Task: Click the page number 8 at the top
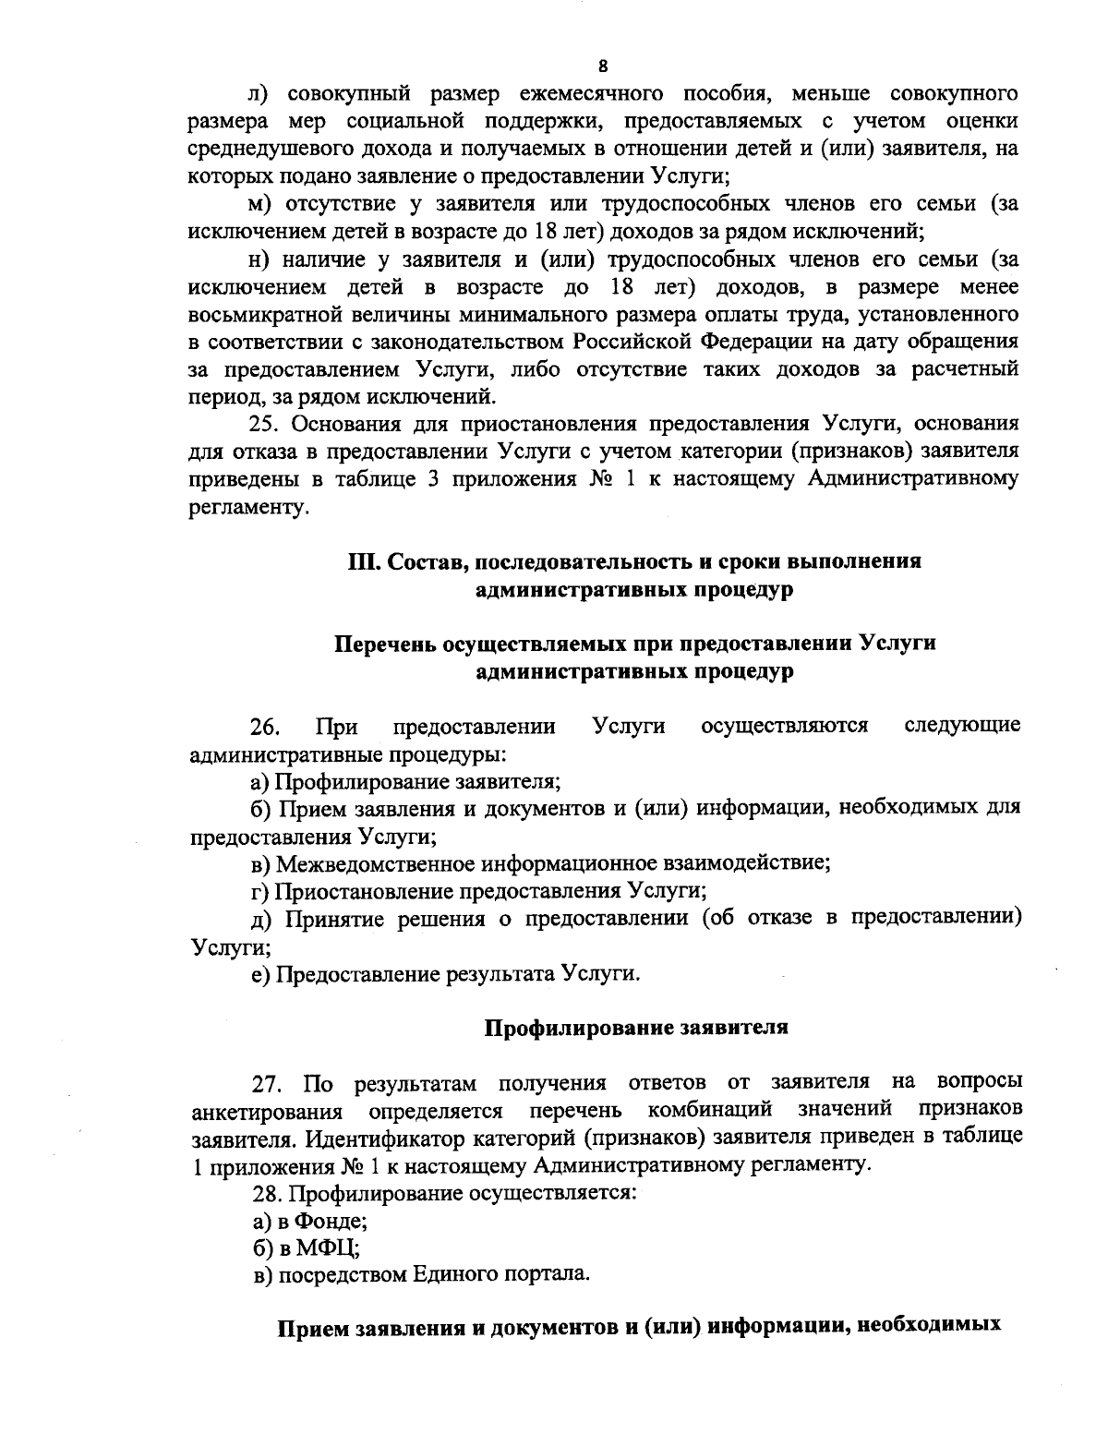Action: pyautogui.click(x=602, y=65)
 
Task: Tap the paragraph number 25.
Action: pyautogui.click(x=266, y=424)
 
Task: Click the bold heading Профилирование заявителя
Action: pyautogui.click(x=636, y=1027)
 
